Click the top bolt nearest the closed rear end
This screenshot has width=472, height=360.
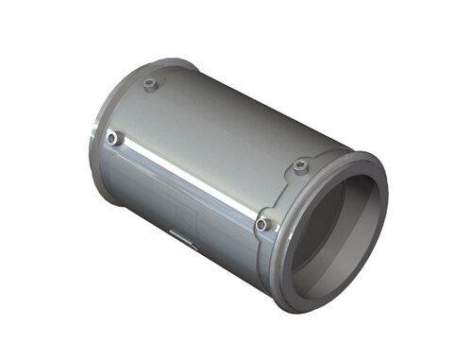(x=150, y=85)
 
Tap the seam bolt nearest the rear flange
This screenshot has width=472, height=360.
(x=113, y=139)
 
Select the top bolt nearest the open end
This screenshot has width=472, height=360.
(x=300, y=166)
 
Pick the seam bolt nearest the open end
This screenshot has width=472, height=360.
(x=262, y=224)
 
